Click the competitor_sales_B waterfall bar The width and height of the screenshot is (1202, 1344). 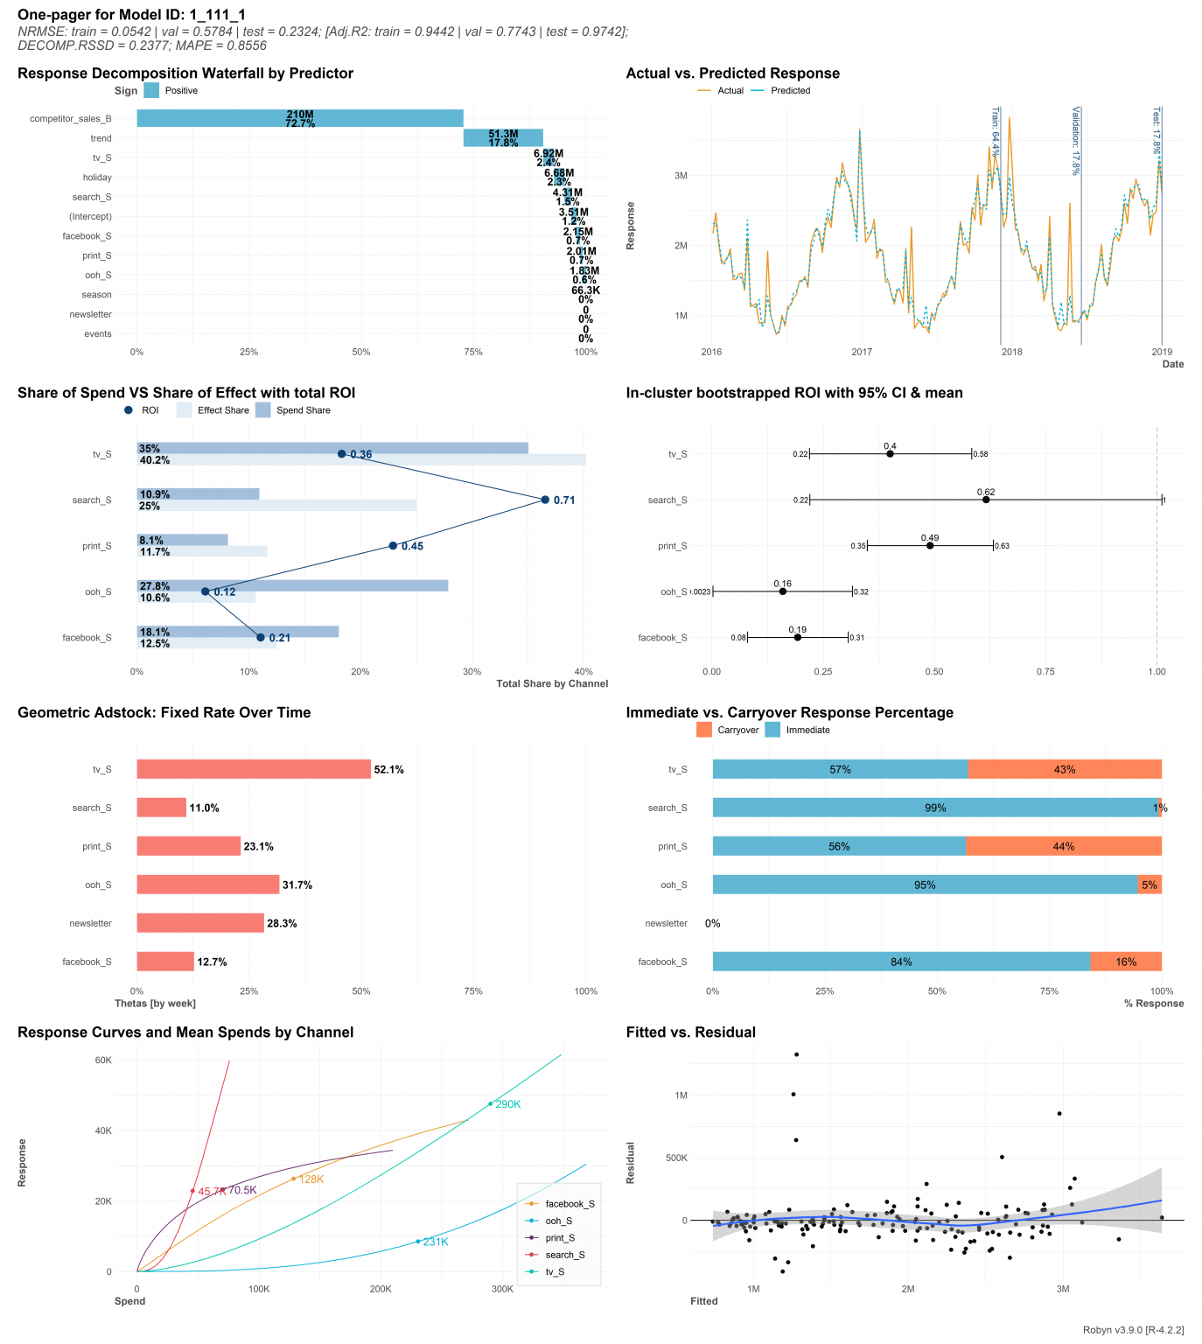pyautogui.click(x=299, y=118)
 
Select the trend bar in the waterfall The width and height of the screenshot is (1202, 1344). pyautogui.click(x=503, y=137)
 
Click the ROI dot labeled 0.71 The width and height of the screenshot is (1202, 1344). pyautogui.click(x=545, y=500)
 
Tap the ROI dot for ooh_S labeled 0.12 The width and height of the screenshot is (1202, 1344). pyautogui.click(x=206, y=591)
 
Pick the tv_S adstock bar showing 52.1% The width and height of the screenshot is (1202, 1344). pyautogui.click(x=254, y=769)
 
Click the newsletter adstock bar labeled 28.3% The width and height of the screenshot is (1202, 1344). pyautogui.click(x=200, y=923)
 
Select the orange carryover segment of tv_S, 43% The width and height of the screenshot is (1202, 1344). pyautogui.click(x=1065, y=769)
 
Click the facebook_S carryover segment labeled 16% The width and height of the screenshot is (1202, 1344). pyautogui.click(x=1126, y=962)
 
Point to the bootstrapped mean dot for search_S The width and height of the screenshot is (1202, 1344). pyautogui.click(x=986, y=500)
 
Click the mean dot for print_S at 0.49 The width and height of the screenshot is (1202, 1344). pyautogui.click(x=930, y=546)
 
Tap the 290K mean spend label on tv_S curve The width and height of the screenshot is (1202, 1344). pyautogui.click(x=507, y=1104)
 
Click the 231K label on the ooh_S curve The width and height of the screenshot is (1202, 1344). pyautogui.click(x=435, y=1242)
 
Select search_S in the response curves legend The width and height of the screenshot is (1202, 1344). pyautogui.click(x=564, y=1255)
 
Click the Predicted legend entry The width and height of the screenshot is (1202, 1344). pyautogui.click(x=790, y=91)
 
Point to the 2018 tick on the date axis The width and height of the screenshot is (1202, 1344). pyautogui.click(x=1011, y=352)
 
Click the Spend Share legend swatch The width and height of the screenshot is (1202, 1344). pyautogui.click(x=263, y=410)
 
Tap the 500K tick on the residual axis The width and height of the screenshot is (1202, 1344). pyautogui.click(x=676, y=1158)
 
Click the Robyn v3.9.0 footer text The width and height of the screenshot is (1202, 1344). pyautogui.click(x=1133, y=1330)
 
